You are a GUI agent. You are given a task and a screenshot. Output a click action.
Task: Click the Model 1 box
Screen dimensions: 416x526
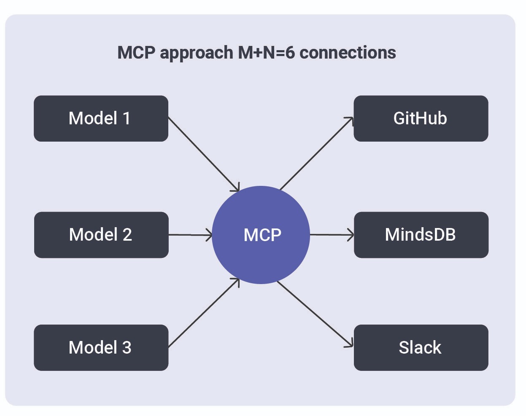coord(101,118)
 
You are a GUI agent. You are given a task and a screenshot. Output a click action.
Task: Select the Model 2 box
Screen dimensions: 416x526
coord(101,235)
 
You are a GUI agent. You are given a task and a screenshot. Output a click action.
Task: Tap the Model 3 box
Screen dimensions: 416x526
coord(101,348)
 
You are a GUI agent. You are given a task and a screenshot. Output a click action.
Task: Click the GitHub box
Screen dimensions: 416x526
coord(421,118)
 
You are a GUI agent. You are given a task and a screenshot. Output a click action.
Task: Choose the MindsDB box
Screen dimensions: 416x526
coord(421,235)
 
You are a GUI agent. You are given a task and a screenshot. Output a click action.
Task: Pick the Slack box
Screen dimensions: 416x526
coord(421,348)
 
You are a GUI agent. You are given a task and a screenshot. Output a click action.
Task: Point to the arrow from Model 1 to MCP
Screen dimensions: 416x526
coord(203,154)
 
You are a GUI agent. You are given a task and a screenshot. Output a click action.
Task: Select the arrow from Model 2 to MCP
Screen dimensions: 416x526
coord(190,235)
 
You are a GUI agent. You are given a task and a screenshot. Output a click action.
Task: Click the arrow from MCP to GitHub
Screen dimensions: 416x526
coord(316,154)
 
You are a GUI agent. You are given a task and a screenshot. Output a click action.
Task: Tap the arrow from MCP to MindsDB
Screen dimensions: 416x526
coord(332,235)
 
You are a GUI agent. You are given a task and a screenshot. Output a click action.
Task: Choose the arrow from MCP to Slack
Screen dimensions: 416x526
coord(315,314)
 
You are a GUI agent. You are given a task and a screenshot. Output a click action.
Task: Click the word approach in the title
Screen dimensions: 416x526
coord(196,53)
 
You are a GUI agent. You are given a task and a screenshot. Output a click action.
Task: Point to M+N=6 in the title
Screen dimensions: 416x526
coord(266,53)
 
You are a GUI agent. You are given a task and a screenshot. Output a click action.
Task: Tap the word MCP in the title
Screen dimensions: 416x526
coord(136,53)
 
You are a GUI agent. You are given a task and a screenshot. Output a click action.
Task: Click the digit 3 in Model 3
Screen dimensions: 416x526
coord(127,348)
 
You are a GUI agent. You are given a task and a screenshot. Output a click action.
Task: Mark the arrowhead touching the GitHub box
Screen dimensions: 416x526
coord(350,121)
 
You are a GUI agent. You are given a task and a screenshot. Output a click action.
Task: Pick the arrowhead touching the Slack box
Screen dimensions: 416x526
coord(350,344)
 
